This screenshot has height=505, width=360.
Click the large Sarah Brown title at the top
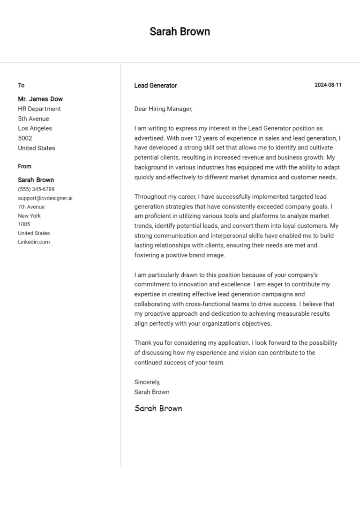[x=180, y=31]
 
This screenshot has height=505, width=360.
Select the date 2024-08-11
[x=328, y=85]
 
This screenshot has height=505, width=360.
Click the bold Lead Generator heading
[x=156, y=85]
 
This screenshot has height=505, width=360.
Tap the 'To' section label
[x=21, y=85]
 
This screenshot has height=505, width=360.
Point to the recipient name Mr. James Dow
[x=40, y=99]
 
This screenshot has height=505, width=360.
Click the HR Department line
[x=39, y=109]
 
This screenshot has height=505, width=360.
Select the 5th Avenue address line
[x=33, y=119]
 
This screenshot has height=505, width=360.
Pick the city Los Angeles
[x=35, y=128]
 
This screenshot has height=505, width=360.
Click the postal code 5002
[x=25, y=138]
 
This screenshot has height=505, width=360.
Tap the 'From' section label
[x=25, y=166]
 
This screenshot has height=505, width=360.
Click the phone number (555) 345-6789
[x=36, y=189]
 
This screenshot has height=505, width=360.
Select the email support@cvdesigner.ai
[x=45, y=198]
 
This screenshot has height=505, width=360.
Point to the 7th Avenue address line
[x=31, y=207]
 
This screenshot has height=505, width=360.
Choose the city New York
[x=30, y=215]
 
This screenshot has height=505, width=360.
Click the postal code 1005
[x=24, y=224]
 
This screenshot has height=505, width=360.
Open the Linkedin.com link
[x=34, y=242]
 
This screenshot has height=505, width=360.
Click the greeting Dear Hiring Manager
[x=163, y=109]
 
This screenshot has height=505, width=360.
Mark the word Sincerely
[x=147, y=382]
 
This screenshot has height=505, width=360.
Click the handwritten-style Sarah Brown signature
[x=158, y=408]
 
